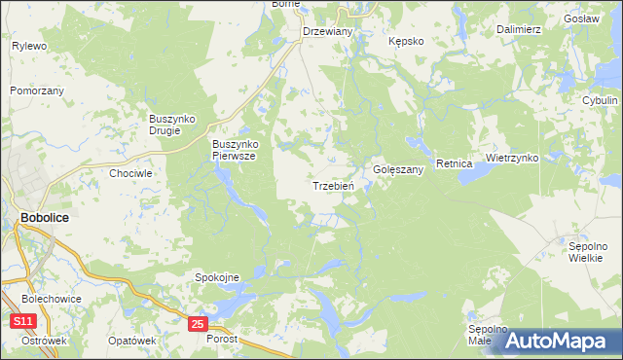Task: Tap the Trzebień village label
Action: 338,186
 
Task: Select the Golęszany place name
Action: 398,169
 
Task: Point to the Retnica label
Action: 454,163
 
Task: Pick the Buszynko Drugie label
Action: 172,125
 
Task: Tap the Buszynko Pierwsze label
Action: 234,150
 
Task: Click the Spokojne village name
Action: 218,277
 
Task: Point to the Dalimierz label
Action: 518,29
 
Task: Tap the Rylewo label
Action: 29,46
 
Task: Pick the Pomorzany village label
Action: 37,90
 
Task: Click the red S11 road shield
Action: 23,322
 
